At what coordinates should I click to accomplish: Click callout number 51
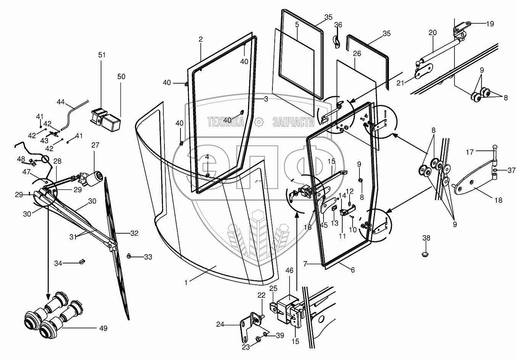[101, 55]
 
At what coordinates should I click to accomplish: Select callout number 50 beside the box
[121, 77]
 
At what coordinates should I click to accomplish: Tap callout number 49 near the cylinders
[103, 328]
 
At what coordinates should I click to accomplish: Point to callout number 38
[426, 238]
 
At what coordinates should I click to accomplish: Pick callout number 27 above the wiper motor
[95, 145]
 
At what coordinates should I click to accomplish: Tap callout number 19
[490, 24]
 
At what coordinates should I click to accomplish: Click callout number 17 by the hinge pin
[469, 152]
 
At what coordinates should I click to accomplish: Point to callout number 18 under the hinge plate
[498, 200]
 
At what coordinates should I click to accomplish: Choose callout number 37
[512, 170]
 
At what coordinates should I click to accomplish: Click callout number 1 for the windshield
[186, 282]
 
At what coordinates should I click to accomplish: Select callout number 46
[290, 271]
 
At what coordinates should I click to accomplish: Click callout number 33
[148, 257]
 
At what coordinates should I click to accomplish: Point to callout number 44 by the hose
[61, 102]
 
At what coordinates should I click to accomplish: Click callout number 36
[338, 25]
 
